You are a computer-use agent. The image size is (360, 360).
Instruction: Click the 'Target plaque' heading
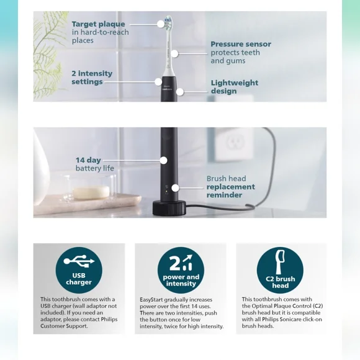[98, 25]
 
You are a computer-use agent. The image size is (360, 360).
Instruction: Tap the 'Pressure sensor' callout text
[240, 45]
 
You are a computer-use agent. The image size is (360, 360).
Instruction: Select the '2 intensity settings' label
[91, 78]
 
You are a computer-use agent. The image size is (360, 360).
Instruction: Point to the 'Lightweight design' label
[234, 87]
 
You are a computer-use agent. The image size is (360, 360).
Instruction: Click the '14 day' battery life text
[88, 160]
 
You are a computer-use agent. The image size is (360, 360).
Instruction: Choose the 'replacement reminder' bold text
[230, 191]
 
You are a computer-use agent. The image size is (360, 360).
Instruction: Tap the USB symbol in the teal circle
[79, 259]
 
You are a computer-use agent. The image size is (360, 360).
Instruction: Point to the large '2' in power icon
[175, 263]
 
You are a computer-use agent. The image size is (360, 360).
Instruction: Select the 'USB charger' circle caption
[79, 279]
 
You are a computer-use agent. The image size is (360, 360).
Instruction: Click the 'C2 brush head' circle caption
[280, 282]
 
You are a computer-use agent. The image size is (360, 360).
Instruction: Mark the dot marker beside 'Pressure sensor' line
[174, 54]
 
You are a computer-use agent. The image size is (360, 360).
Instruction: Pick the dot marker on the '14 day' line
[163, 160]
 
